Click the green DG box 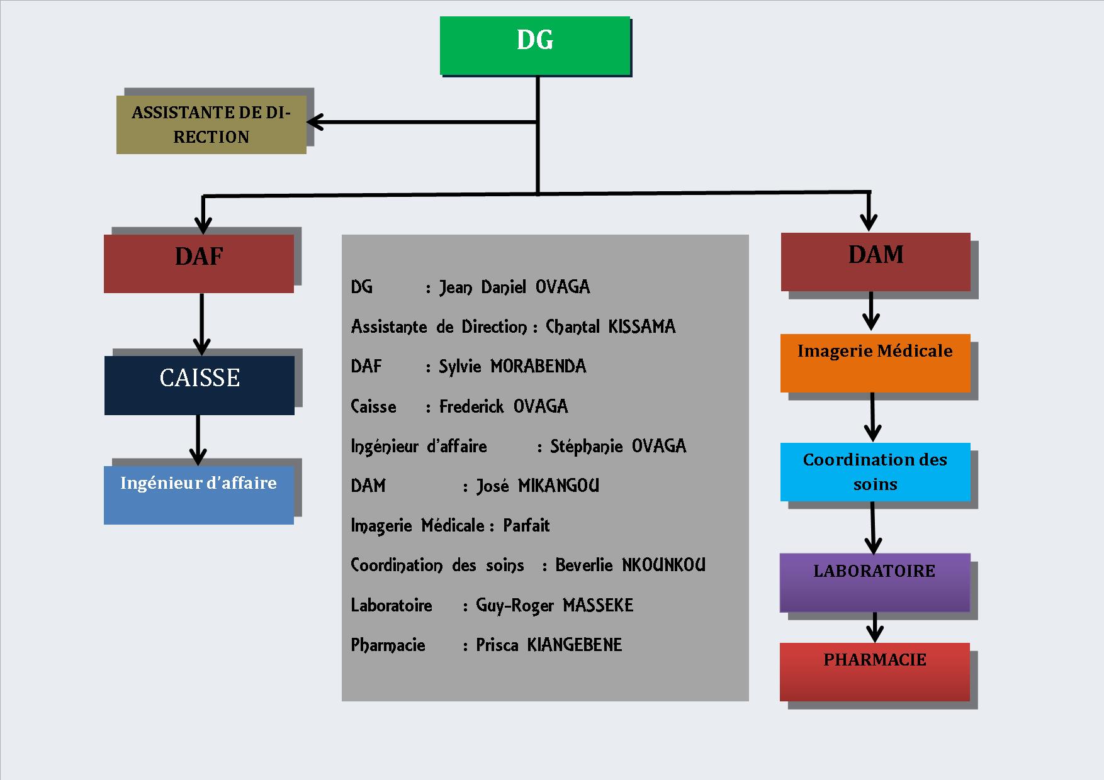coord(534,45)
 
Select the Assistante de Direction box coord(211,125)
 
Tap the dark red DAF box coord(199,264)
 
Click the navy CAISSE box coord(200,385)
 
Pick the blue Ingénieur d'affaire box coord(199,494)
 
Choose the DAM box coord(876,262)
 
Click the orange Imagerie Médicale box coord(875,363)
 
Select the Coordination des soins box coord(875,472)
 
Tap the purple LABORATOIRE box coord(874,582)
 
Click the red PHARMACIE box coord(874,671)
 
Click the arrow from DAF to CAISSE coord(201,324)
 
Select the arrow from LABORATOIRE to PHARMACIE coord(875,628)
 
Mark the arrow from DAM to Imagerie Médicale coord(870,311)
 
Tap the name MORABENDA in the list coord(538,366)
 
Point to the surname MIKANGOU coord(558,486)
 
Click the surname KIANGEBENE coord(574,645)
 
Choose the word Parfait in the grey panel coord(526,525)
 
